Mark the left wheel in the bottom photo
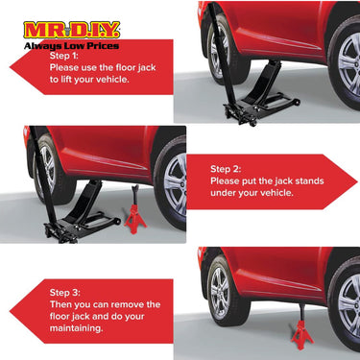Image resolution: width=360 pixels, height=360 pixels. (219, 292)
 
